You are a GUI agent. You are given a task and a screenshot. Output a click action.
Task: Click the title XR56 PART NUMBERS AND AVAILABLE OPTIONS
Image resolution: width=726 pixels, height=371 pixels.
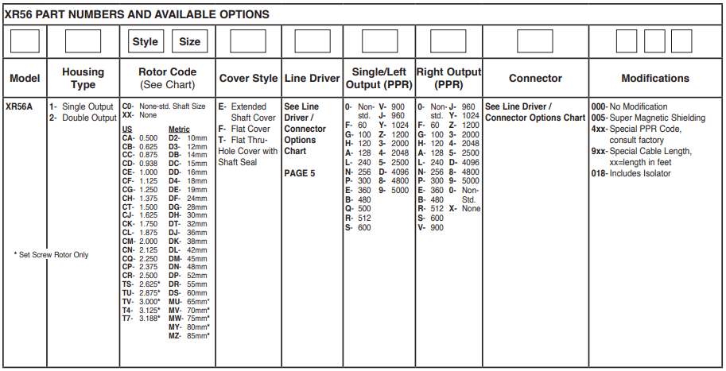pyautogui.click(x=137, y=14)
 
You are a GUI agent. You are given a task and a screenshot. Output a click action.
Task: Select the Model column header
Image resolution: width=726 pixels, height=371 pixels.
pyautogui.click(x=25, y=78)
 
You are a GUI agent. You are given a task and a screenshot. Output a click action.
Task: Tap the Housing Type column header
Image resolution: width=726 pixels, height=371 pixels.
pyautogui.click(x=83, y=78)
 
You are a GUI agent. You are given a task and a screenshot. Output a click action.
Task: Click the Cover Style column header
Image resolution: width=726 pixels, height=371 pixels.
pyautogui.click(x=248, y=78)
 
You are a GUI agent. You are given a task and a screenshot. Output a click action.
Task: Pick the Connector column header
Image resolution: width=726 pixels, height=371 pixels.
pyautogui.click(x=535, y=78)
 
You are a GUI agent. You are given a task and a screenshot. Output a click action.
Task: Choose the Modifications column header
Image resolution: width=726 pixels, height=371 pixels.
pyautogui.click(x=655, y=78)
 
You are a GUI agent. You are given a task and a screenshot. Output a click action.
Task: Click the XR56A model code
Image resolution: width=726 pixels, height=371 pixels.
pyautogui.click(x=21, y=106)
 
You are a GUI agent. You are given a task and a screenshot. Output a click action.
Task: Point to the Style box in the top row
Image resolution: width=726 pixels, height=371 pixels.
pyautogui.click(x=145, y=41)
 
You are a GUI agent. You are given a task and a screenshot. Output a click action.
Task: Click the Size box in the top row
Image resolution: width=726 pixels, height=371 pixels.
pyautogui.click(x=190, y=41)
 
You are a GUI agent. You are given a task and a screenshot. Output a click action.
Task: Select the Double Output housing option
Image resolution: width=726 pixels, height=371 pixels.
pyautogui.click(x=83, y=118)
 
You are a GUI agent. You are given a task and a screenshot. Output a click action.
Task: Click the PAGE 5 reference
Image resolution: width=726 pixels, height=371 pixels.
pyautogui.click(x=301, y=173)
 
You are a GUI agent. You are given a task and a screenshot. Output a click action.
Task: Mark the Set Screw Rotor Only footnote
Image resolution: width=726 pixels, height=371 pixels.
pyautogui.click(x=52, y=255)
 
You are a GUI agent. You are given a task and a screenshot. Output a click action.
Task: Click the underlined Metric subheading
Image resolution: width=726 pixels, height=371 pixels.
pyautogui.click(x=179, y=129)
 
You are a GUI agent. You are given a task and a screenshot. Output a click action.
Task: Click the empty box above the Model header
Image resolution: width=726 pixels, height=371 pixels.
pyautogui.click(x=25, y=41)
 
